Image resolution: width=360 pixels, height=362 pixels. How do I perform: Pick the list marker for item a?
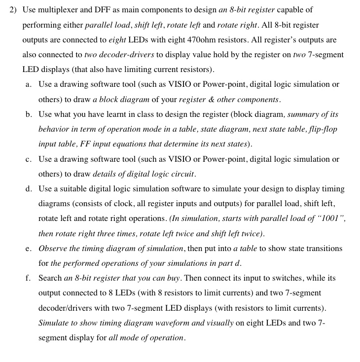tap(28, 84)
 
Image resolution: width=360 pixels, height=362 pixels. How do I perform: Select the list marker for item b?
tap(29, 114)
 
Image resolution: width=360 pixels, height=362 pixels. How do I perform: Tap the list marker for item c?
tap(28, 159)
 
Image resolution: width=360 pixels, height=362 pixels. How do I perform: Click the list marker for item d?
tap(29, 189)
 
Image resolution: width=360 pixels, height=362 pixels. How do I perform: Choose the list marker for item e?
tap(28, 249)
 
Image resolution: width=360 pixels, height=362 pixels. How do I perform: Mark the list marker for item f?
tap(28, 278)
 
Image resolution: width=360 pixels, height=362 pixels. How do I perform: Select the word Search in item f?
tap(50, 278)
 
